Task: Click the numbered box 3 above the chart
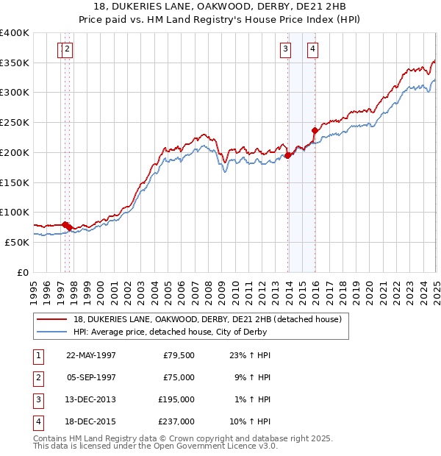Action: tap(285, 49)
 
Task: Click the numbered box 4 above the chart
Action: tap(312, 49)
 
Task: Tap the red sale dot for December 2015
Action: tap(315, 131)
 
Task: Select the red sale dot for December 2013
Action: tap(288, 155)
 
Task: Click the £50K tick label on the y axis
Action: tap(18, 242)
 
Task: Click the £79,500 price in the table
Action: tap(179, 355)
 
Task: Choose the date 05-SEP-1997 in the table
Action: tap(91, 377)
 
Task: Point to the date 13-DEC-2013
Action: tap(91, 399)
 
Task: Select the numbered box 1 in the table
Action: tap(37, 355)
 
